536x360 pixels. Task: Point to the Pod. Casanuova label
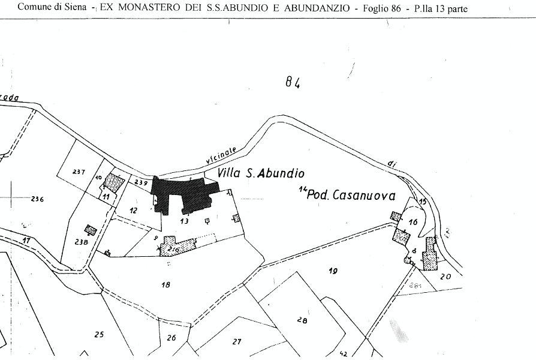point(341,195)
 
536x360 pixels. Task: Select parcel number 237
point(79,172)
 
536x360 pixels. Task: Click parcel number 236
point(37,199)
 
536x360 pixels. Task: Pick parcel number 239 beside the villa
point(141,182)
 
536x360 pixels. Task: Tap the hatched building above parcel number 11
point(112,182)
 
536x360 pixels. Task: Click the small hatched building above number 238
point(91,230)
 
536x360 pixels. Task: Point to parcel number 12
point(133,210)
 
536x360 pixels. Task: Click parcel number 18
point(166,284)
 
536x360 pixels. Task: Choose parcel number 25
point(99,334)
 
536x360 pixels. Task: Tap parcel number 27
point(236,341)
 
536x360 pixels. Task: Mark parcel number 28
point(302,321)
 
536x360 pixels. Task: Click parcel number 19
point(333,271)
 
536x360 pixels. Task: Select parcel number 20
point(445,276)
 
